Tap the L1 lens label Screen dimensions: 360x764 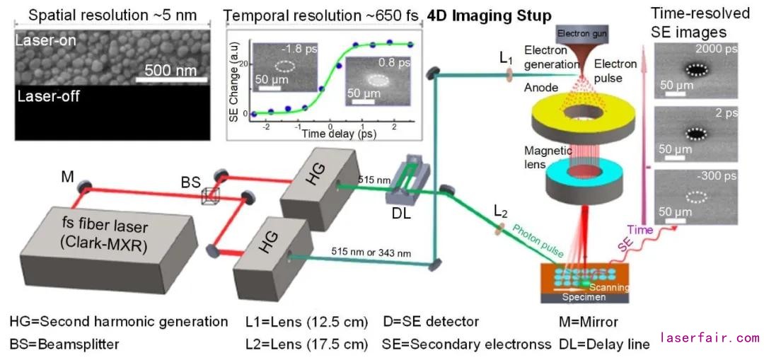click(x=506, y=59)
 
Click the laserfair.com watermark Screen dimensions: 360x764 click(x=710, y=338)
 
